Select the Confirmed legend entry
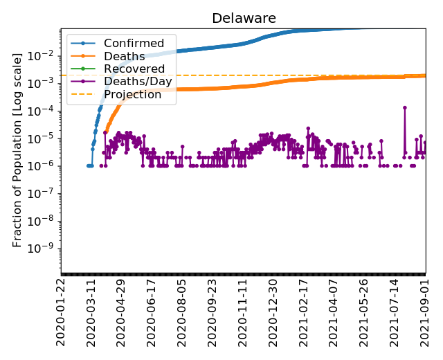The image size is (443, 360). coord(134,44)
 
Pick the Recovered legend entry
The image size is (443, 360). coord(134,69)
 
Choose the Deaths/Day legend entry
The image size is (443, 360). coord(138,82)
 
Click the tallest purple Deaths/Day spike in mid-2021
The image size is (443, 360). coord(404,107)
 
